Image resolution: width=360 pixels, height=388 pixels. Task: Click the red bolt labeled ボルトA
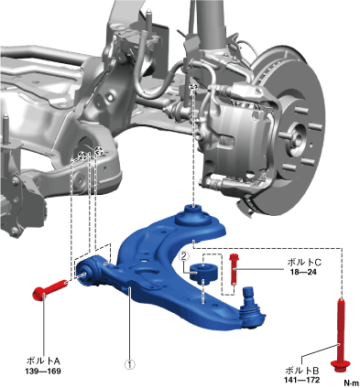49,289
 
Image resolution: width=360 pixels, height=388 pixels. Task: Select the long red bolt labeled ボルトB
341,335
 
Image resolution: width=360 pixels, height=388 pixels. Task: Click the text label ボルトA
43,361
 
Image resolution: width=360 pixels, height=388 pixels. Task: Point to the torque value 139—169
43,372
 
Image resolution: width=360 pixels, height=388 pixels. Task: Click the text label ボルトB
302,371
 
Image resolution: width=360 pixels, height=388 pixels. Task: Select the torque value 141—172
302,380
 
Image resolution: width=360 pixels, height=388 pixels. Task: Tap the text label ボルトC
304,262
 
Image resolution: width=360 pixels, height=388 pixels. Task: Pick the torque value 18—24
304,272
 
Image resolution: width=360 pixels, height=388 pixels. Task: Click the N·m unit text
352,383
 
